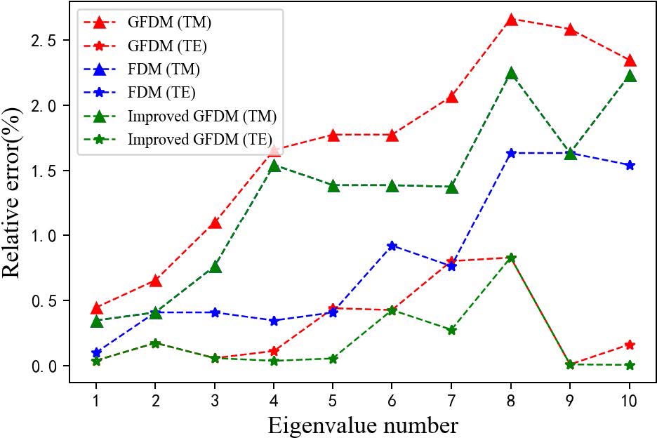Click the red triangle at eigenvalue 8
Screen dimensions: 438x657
pos(511,20)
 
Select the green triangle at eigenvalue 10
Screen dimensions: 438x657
pos(630,76)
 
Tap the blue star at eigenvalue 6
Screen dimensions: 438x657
pos(392,246)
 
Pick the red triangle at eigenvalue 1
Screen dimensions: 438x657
pos(96,308)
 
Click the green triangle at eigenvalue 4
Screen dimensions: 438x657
pos(274,166)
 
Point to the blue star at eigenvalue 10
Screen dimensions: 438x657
pos(630,165)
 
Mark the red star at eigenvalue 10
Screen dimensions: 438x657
pos(630,345)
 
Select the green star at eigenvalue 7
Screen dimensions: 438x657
pos(451,330)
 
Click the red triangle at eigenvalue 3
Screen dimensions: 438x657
pos(215,223)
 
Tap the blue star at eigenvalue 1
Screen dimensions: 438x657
pos(96,352)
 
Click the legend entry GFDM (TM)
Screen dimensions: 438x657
pos(169,22)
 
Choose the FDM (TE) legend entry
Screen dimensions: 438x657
pos(161,92)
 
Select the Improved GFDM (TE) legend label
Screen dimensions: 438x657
pos(199,139)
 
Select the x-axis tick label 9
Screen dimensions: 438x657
pos(571,400)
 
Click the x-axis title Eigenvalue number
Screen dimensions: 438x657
pos(363,425)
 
